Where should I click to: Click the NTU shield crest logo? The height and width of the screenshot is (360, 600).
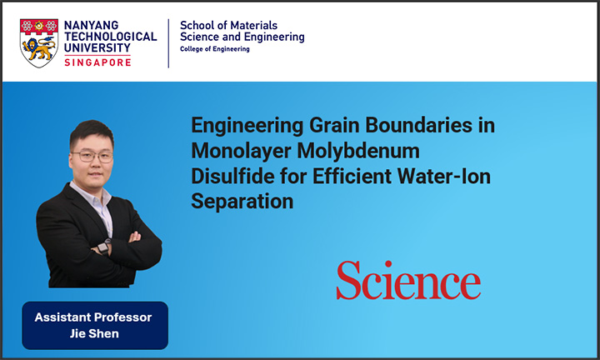[39, 43]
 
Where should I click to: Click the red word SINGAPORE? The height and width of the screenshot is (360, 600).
[97, 62]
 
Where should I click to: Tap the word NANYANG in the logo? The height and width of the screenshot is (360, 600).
[92, 25]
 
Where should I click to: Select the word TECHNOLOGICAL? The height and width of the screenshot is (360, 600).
[111, 37]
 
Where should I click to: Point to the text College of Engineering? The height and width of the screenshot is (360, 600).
[215, 49]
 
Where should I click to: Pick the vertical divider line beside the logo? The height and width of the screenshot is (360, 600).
[168, 43]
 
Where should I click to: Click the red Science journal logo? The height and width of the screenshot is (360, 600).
[408, 280]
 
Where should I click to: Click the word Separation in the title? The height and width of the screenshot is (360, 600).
[242, 202]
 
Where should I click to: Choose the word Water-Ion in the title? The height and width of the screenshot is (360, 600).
[444, 177]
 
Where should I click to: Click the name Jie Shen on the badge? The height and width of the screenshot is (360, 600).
[94, 333]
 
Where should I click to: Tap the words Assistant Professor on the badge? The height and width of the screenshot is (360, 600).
[93, 317]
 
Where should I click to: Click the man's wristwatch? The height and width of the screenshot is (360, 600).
[103, 247]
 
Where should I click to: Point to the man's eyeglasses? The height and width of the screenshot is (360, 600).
[92, 156]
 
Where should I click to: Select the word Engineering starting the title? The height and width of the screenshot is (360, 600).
[247, 126]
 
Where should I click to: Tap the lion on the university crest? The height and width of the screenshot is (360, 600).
[38, 49]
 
